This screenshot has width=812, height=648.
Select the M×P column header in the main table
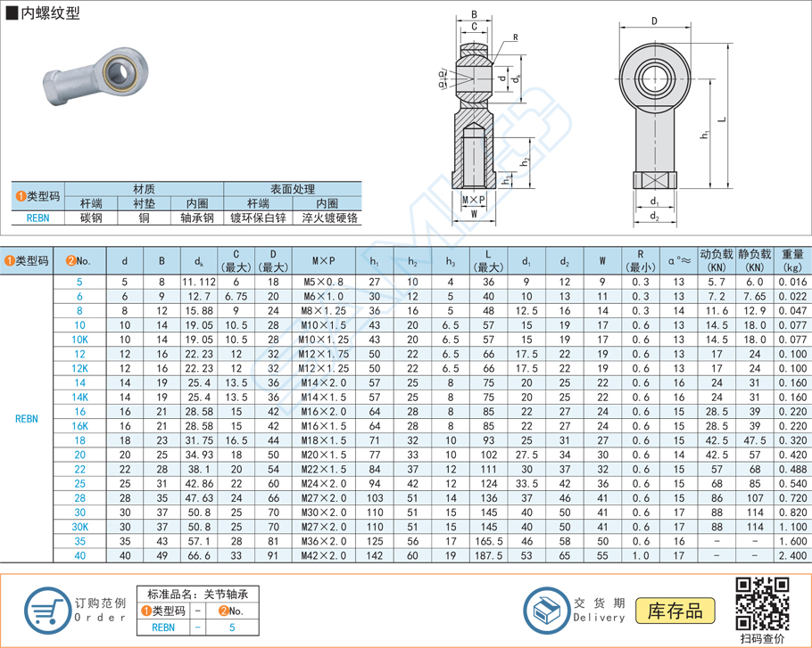[323, 260]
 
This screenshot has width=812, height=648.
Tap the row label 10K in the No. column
[79, 339]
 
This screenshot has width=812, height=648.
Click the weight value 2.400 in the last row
[791, 554]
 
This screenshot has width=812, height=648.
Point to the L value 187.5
[487, 554]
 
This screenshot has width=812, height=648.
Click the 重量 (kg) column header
[791, 260]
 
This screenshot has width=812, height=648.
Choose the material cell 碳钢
[90, 217]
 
